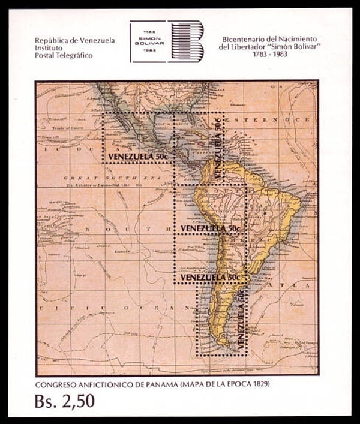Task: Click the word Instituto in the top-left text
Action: point(52,50)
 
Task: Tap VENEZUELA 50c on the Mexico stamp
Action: point(137,157)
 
